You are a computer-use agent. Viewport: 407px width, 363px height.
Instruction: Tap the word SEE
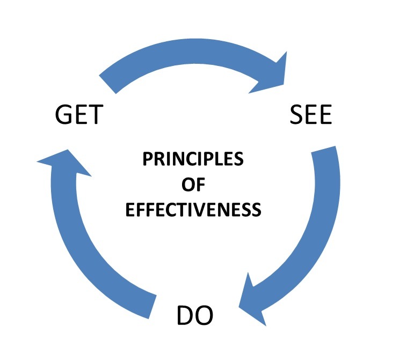click(x=311, y=115)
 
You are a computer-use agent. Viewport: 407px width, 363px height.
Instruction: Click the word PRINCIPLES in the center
click(x=193, y=159)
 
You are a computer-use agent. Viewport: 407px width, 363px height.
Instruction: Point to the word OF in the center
click(x=193, y=184)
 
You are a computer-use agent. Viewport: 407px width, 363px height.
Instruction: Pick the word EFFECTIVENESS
click(x=193, y=209)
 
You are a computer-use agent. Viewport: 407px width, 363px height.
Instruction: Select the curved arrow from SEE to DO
click(x=317, y=225)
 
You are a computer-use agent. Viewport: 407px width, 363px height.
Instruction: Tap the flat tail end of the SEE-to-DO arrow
click(x=325, y=153)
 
